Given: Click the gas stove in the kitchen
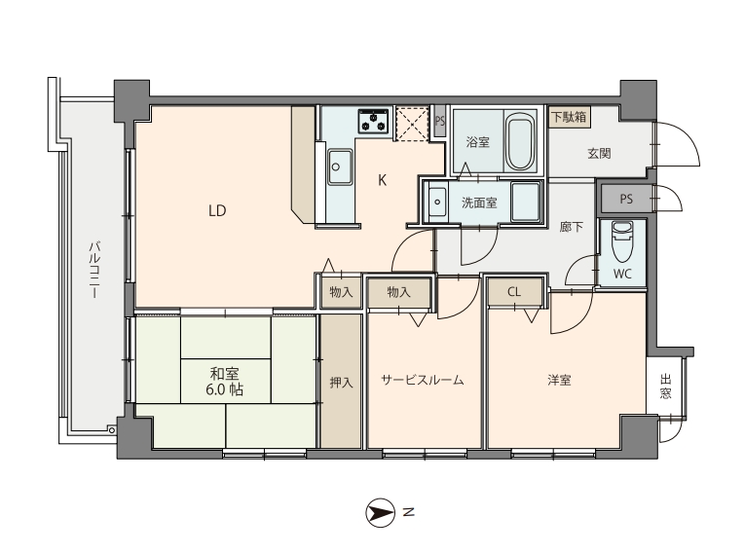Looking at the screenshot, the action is coord(373,121).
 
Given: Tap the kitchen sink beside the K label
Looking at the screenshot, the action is coord(339,166).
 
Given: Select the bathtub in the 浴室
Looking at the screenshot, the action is coord(520,141).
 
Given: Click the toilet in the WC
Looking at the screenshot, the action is coord(622,241).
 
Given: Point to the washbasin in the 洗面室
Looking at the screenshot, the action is coord(437,203).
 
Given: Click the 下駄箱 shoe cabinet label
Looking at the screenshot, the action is coord(569,116).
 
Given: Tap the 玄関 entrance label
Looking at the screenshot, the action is coord(599,153).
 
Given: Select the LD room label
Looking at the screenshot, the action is coord(217,210).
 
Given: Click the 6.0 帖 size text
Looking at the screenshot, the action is coord(224,389).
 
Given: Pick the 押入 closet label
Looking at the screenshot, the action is coord(341,382).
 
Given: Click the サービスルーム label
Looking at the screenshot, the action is coord(423,380).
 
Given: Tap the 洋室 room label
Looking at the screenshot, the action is coord(559,380).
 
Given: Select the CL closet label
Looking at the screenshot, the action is coord(514,292).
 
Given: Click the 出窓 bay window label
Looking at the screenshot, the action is coord(666,387).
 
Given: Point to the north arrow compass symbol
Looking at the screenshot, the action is coord(381,513).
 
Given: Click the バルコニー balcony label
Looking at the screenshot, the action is coord(94,270).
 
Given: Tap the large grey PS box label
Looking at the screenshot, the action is coord(626,199).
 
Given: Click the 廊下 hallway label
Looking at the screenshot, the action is coord(571,227).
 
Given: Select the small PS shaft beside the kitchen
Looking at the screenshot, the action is coord(440,121).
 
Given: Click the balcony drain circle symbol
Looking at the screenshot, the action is coord(112,430).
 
